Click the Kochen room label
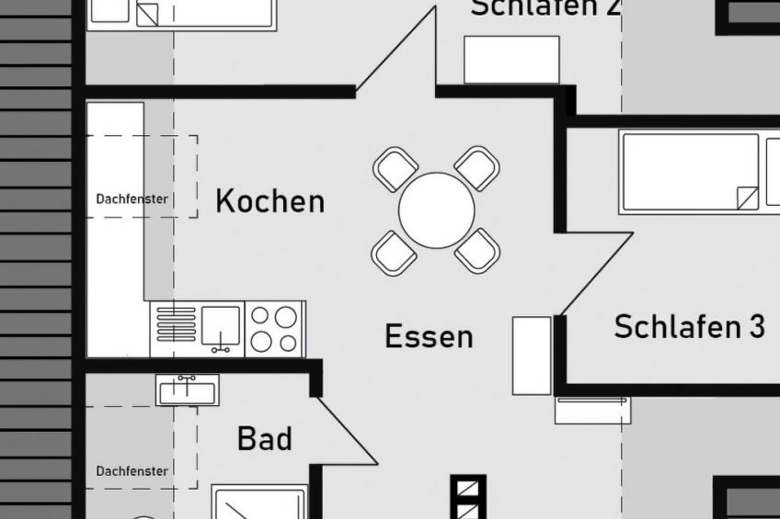[x=270, y=201]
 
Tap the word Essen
[x=429, y=336]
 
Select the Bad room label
[x=264, y=438]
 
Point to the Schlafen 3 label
[x=689, y=326]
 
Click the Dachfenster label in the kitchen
[x=132, y=199]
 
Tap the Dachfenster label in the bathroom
[x=132, y=471]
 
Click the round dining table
[x=436, y=210]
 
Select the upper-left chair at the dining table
[x=396, y=169]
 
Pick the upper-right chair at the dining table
[x=477, y=168]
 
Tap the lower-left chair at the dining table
[x=395, y=252]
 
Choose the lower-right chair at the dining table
[x=477, y=251]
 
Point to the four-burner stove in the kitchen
[x=274, y=329]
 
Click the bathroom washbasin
[x=187, y=391]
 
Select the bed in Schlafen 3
[x=690, y=172]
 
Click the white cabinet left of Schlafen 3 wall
[x=532, y=355]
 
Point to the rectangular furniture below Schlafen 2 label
[x=511, y=60]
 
